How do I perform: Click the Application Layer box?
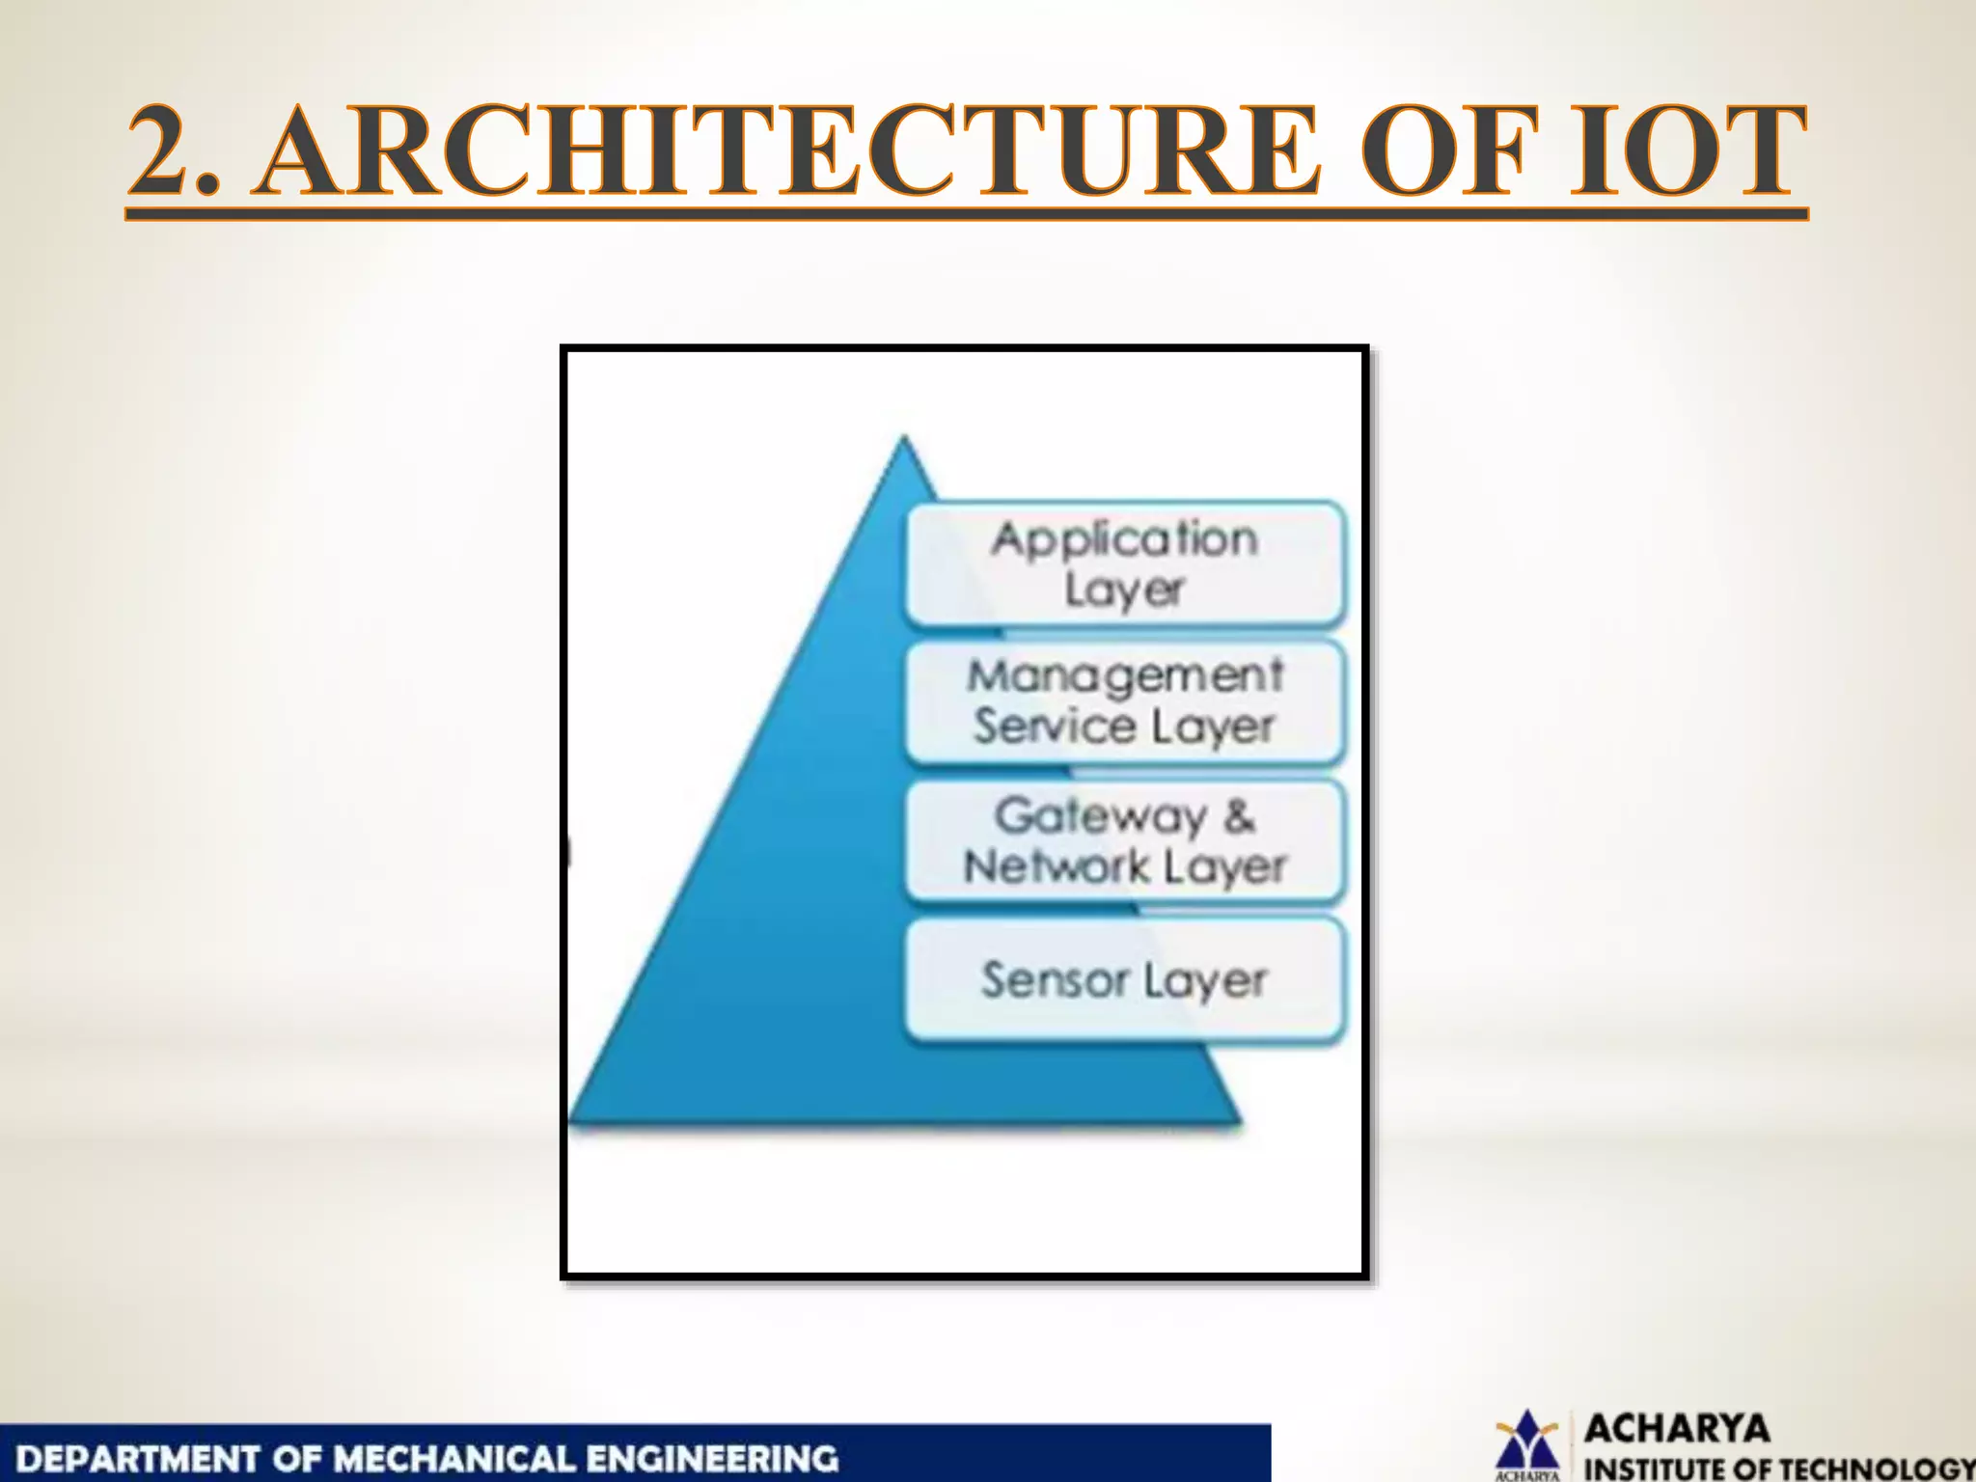(x=1125, y=564)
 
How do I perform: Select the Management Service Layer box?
(x=1125, y=701)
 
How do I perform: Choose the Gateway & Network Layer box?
(x=1125, y=841)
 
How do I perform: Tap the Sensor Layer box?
(x=1125, y=980)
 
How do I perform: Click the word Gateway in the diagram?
(x=1100, y=816)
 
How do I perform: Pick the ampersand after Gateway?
(x=1241, y=816)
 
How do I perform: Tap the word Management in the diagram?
(x=1125, y=675)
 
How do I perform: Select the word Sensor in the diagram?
(x=1055, y=980)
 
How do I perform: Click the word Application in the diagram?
(x=1125, y=538)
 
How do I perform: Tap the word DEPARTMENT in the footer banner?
(x=140, y=1458)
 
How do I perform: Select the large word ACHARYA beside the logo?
(x=1677, y=1428)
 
